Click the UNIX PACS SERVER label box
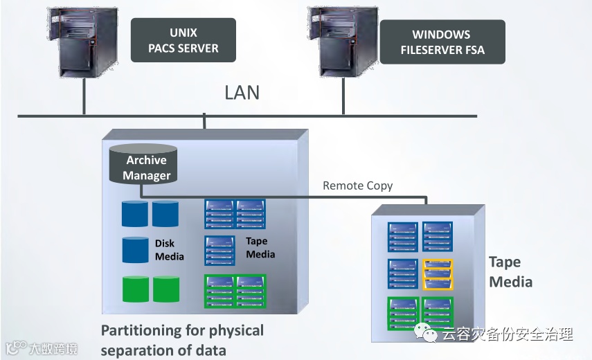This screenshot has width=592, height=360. tap(183, 40)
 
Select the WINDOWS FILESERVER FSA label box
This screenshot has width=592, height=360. tap(442, 42)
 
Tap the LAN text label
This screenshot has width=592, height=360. tap(242, 93)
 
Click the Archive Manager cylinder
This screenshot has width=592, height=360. tap(143, 164)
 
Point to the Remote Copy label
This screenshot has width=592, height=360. tap(357, 186)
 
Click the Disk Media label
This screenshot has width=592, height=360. tap(170, 250)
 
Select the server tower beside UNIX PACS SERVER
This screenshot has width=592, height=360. tap(82, 42)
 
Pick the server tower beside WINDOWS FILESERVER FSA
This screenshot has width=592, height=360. tap(343, 42)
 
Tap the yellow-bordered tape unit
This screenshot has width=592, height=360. tap(438, 274)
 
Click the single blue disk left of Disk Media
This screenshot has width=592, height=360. tap(135, 250)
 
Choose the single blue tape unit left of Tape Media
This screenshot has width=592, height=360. tap(219, 251)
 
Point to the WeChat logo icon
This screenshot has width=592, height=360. tap(426, 332)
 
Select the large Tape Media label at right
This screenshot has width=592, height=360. tap(510, 272)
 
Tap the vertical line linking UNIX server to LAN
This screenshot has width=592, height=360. tap(84, 97)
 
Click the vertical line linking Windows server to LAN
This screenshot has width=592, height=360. tap(343, 96)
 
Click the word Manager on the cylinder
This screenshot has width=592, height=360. tap(147, 175)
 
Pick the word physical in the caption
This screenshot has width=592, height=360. tap(236, 331)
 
